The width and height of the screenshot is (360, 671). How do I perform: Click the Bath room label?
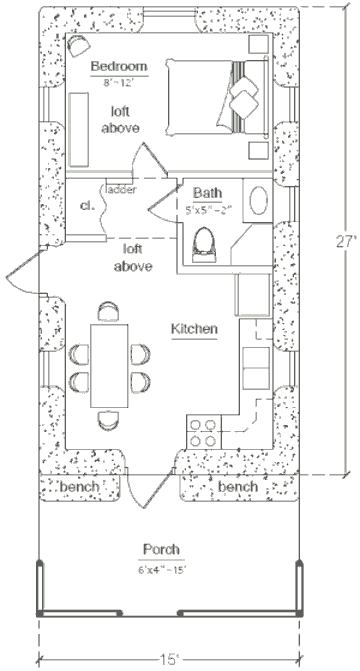tap(207, 194)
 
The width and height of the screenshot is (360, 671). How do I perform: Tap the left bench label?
tap(79, 487)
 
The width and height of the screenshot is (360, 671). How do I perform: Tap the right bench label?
tap(237, 487)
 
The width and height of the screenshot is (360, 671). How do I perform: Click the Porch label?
tap(160, 549)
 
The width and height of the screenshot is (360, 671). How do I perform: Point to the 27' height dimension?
tap(347, 241)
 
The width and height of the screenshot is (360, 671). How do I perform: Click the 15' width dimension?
tap(169, 660)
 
